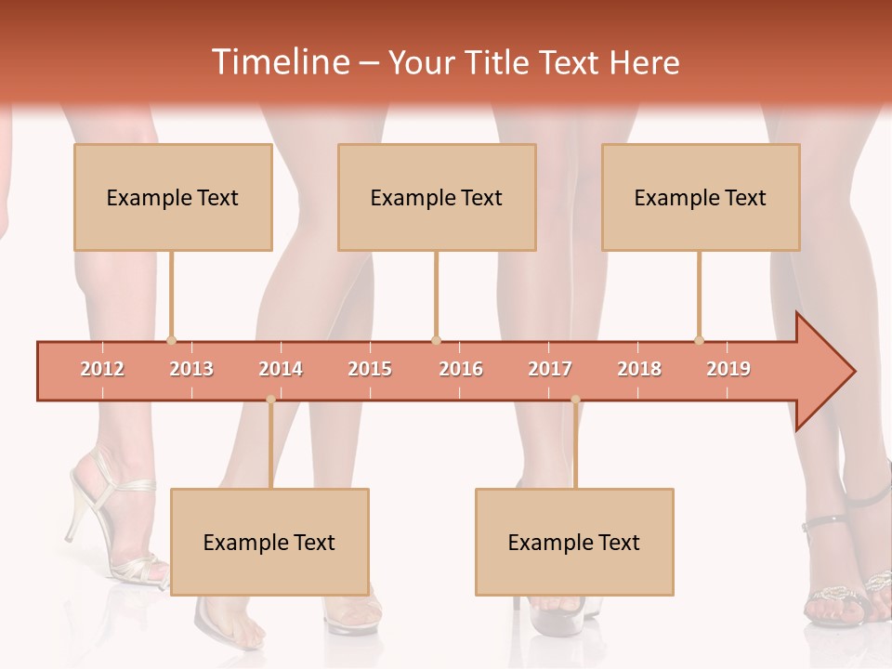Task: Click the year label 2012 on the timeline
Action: (102, 369)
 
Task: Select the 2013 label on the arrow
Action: (191, 369)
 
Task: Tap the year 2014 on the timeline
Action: (281, 369)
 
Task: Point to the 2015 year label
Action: (370, 369)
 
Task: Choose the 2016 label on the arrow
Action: (461, 369)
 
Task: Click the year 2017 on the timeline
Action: (550, 369)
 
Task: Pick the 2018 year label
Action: (639, 369)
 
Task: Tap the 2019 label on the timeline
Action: (728, 369)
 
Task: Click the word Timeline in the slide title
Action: (280, 62)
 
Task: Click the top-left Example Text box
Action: (173, 197)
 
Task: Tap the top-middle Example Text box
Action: (437, 197)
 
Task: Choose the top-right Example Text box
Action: (701, 197)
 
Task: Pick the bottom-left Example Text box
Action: (269, 542)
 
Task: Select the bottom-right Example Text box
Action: (574, 542)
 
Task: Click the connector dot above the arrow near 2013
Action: (171, 340)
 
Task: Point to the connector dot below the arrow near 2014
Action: (270, 400)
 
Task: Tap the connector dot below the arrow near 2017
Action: (575, 400)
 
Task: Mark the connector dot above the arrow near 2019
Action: (699, 340)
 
